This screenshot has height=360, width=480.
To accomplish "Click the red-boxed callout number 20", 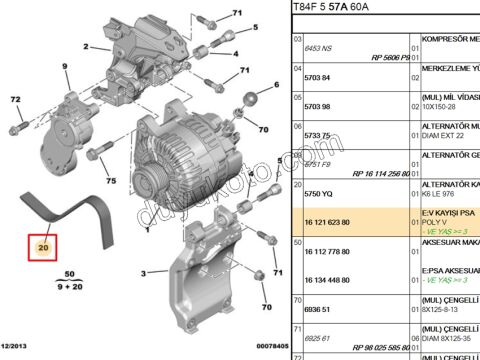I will [43, 245].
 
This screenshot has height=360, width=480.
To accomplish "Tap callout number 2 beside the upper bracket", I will [88, 47].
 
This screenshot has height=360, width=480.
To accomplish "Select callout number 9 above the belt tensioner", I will [66, 67].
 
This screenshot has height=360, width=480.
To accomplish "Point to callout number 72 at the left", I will [15, 101].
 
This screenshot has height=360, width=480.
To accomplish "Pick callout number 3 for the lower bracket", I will [144, 272].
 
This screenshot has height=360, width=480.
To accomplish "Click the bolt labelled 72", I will [17, 127].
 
